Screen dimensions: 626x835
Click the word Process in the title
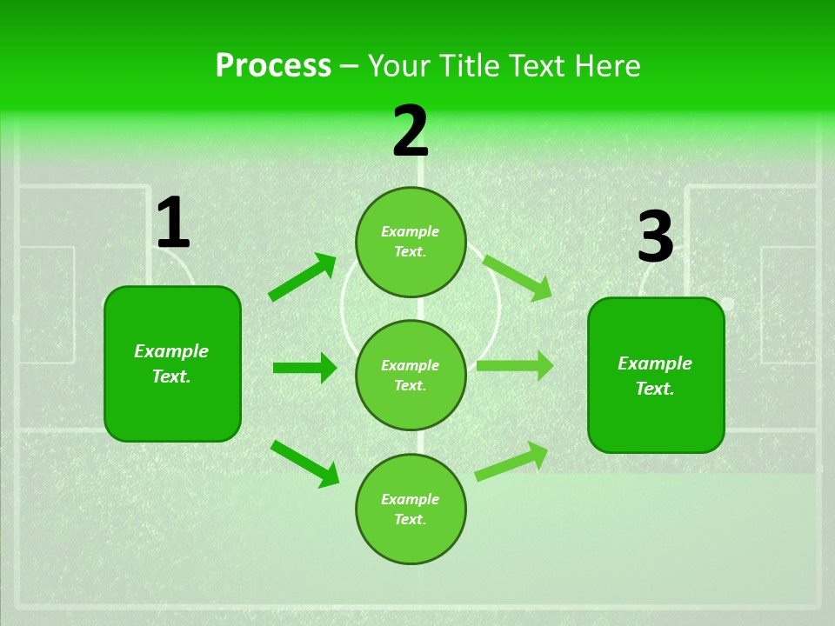pos(273,66)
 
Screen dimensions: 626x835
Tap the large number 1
pos(172,223)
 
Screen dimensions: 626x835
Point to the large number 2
pos(411,131)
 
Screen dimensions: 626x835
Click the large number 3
pos(655,237)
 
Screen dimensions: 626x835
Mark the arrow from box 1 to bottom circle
pos(304,463)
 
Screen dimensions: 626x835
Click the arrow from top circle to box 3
pos(518,277)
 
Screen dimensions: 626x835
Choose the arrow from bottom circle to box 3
pos(511,461)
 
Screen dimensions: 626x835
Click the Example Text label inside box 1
pos(171,363)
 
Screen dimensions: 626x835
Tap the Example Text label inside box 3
pos(655,376)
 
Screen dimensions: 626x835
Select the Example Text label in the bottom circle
pos(410,509)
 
